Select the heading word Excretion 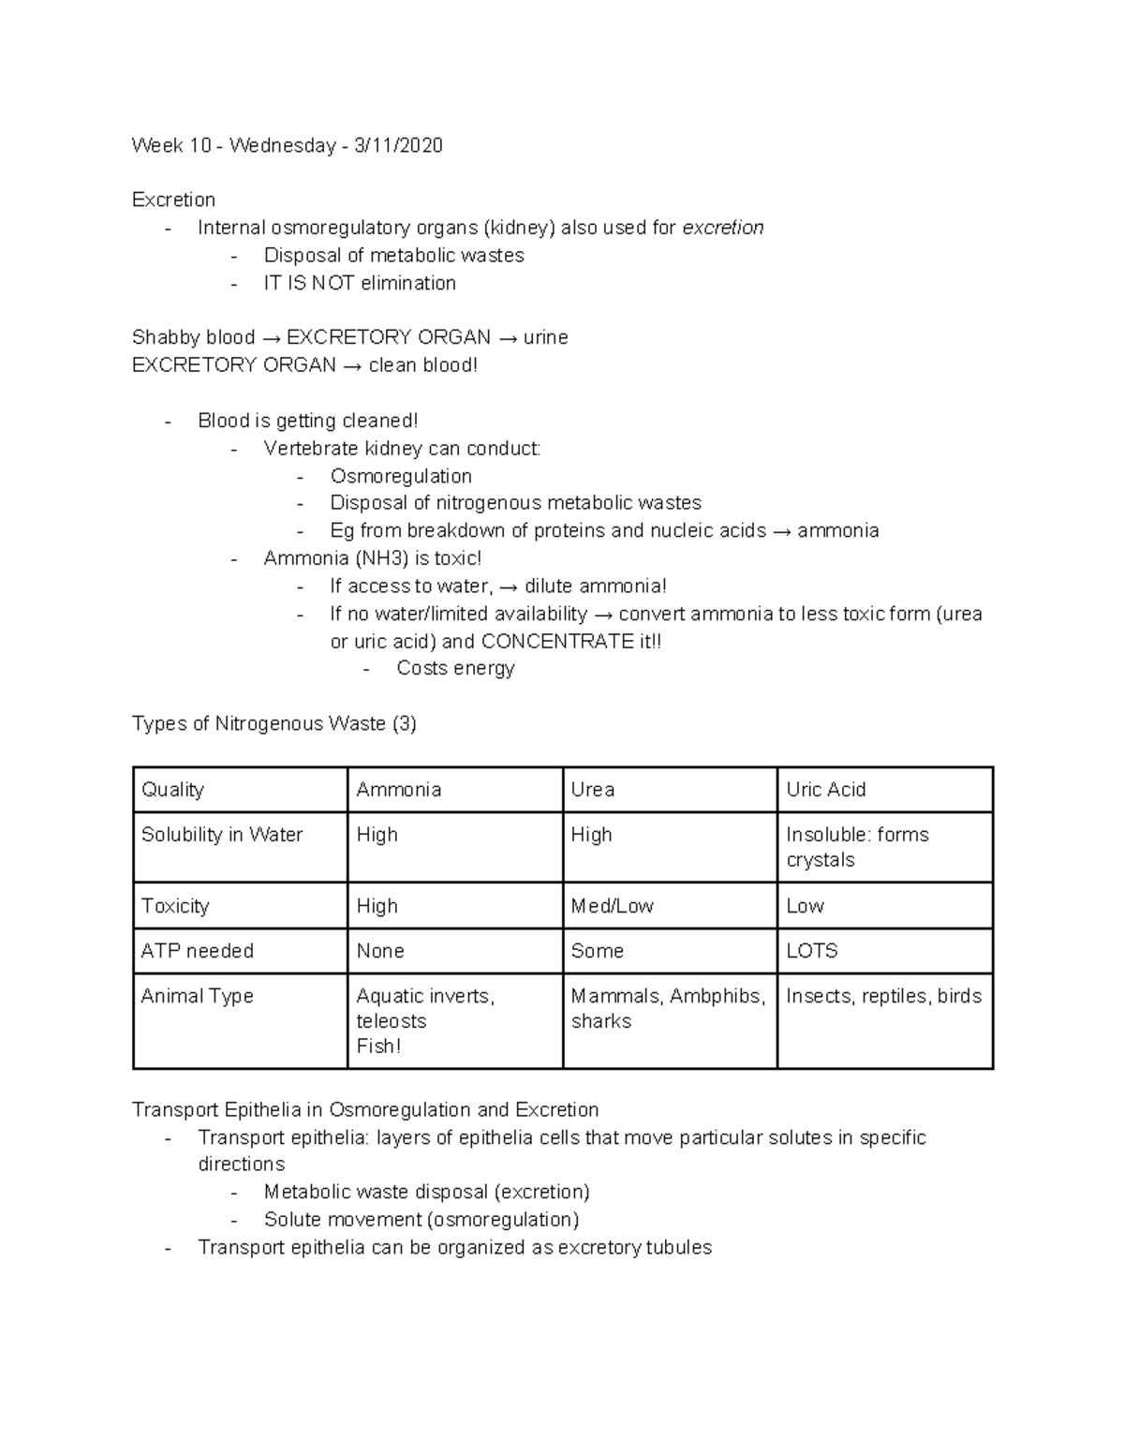(x=173, y=200)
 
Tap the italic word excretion (x=722, y=228)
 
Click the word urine (x=545, y=337)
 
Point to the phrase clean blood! (x=422, y=365)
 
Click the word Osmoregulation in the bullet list (x=400, y=476)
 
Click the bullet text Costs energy (x=455, y=668)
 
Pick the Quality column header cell (x=173, y=790)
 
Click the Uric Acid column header (x=825, y=790)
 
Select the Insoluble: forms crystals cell (x=856, y=847)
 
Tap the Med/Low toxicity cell (x=612, y=906)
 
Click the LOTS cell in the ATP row (x=811, y=951)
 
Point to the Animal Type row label (x=197, y=996)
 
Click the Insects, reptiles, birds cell (x=883, y=996)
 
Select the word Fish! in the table (x=378, y=1047)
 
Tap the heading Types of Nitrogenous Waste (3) (x=274, y=723)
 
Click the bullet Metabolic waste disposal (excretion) (x=426, y=1192)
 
